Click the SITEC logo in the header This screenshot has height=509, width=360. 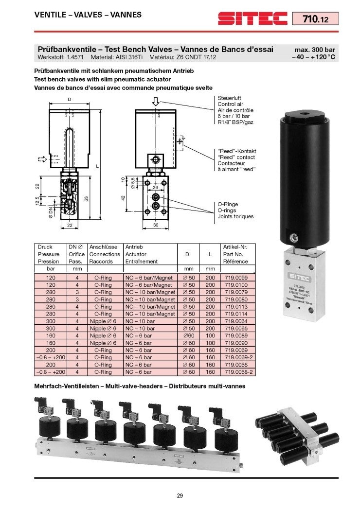coord(252,19)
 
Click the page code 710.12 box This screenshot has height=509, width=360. coord(314,19)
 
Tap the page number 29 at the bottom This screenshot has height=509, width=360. coord(180,496)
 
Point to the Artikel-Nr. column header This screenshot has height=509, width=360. coord(235,247)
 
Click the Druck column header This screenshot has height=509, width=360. coord(45,247)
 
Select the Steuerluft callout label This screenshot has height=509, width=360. coord(229,98)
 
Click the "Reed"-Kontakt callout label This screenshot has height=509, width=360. coord(236,151)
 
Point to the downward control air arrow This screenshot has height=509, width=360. coord(155,102)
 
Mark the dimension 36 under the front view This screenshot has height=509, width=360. coord(156,225)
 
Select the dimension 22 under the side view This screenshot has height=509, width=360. coord(69,225)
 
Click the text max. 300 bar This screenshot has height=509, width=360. coord(315,50)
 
